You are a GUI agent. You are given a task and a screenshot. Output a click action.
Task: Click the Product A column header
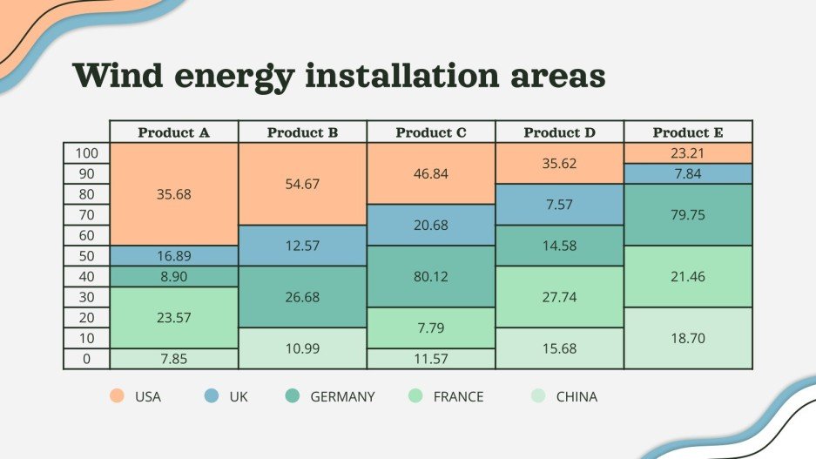[174, 133]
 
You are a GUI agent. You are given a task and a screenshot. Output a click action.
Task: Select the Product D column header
[560, 133]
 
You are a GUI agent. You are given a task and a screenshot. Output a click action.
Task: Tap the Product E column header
[688, 133]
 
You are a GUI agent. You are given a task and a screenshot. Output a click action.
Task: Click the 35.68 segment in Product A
[174, 194]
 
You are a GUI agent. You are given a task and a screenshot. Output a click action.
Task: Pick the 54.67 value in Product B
[302, 184]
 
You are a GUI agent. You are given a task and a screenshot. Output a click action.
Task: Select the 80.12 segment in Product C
[431, 276]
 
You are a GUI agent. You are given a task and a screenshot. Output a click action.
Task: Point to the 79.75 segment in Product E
[688, 214]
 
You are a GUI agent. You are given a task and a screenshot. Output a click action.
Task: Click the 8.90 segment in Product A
[174, 276]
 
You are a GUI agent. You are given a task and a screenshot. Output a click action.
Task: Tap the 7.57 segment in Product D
[560, 205]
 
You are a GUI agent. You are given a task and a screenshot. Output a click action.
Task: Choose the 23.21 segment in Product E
[688, 153]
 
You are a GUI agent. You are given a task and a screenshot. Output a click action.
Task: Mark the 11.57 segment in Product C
[431, 358]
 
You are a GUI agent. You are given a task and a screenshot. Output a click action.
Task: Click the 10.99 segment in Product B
[302, 348]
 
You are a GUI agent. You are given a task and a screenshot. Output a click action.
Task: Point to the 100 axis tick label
[86, 153]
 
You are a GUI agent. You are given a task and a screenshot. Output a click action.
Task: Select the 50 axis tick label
[86, 256]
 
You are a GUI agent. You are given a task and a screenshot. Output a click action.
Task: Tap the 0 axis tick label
[86, 358]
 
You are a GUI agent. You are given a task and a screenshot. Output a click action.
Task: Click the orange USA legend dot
[117, 396]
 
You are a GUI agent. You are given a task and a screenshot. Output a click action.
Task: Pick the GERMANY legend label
[342, 397]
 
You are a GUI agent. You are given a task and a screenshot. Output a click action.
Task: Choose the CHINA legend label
[577, 397]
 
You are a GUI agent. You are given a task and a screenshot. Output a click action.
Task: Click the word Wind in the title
[118, 76]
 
